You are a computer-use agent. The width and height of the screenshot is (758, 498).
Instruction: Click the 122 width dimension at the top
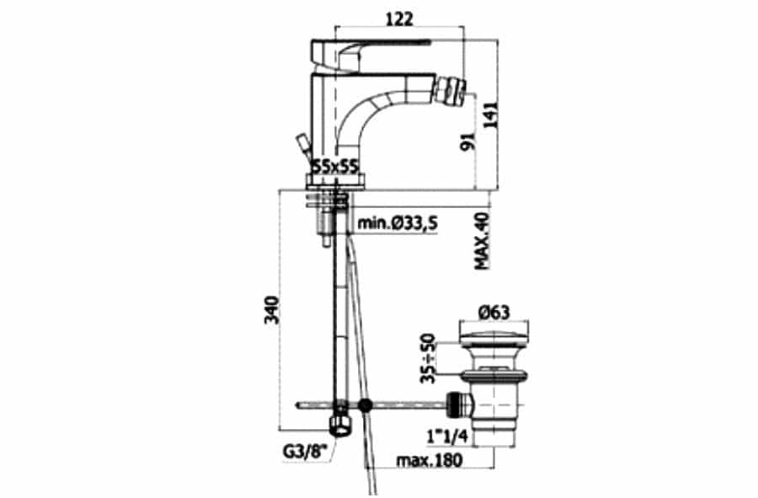pos(400,19)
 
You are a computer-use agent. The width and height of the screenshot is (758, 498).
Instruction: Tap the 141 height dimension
pos(490,115)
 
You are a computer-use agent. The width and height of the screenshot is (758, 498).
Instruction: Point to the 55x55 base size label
pos(334,166)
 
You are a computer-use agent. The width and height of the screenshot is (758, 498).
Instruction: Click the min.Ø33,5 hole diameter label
pos(397,223)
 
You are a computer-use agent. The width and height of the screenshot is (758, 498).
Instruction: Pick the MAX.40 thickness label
pos(482,241)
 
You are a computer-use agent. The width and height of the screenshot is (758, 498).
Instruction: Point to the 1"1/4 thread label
pos(448,436)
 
